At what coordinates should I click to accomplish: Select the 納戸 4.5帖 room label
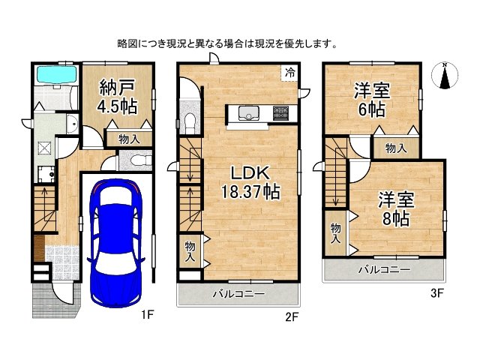coord(118,96)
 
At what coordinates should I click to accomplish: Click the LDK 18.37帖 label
coord(250,181)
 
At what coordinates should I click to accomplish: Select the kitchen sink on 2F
coord(247,114)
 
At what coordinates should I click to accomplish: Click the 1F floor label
coord(147,316)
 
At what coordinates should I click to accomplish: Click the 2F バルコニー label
coord(238,294)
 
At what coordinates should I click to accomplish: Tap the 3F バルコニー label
coord(384,269)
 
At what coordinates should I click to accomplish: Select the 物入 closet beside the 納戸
coord(128,139)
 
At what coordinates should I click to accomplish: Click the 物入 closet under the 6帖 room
coord(395,149)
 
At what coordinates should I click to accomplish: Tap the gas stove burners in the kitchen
coord(280,114)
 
